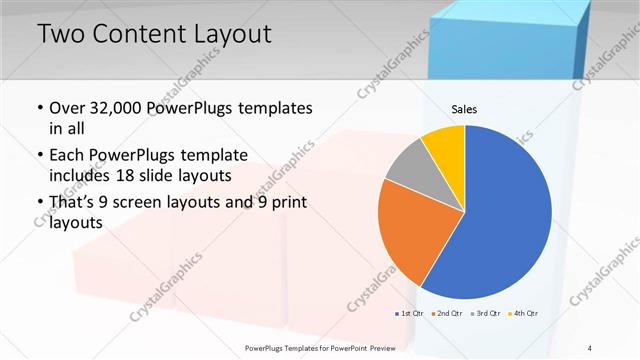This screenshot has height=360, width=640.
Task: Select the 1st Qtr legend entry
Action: pos(410,313)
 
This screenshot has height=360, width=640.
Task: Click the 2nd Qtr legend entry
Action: pos(447,313)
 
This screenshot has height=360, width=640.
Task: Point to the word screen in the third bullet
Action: pos(157,204)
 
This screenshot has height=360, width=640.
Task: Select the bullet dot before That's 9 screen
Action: pos(40,205)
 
